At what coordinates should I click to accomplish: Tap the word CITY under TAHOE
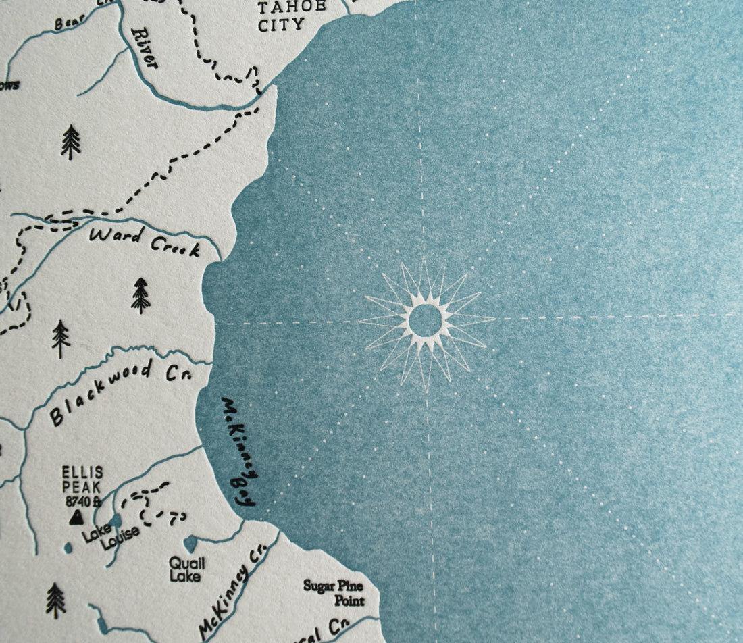(x=281, y=24)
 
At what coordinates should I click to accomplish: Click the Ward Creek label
(x=145, y=242)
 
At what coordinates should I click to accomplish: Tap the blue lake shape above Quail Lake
(x=190, y=543)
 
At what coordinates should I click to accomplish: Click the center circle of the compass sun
(x=426, y=320)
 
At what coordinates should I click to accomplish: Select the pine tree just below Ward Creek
(x=140, y=295)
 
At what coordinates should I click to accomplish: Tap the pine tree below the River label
(x=70, y=142)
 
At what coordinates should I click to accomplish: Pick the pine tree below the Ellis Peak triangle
(x=55, y=600)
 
